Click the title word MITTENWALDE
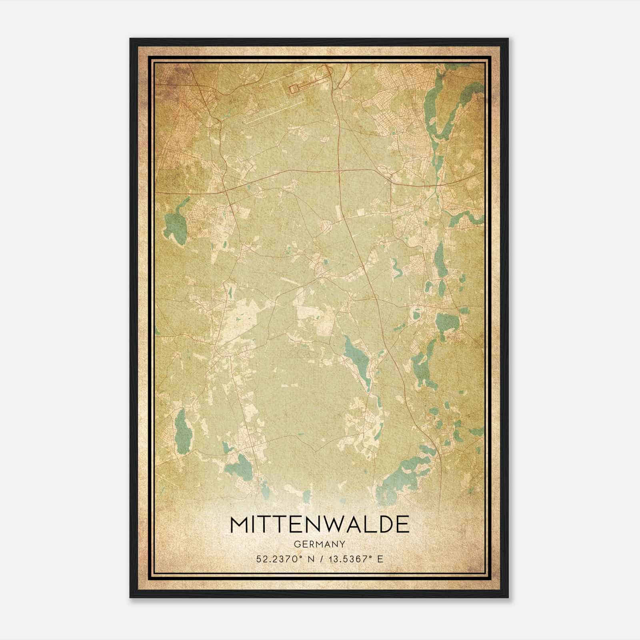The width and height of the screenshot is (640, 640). tap(320, 524)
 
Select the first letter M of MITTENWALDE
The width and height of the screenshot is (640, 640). tap(239, 524)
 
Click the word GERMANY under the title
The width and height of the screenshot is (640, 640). tap(320, 544)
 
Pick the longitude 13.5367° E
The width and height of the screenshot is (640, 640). tap(356, 559)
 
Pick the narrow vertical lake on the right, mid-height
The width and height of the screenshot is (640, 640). tap(441, 260)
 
